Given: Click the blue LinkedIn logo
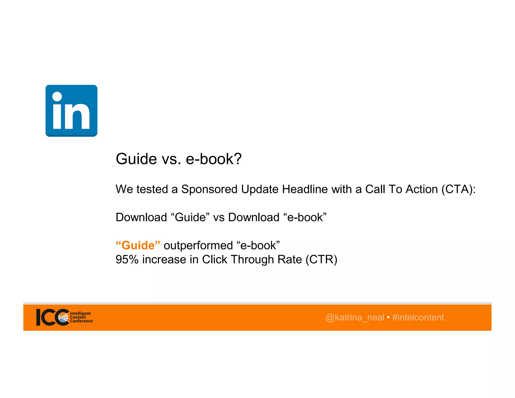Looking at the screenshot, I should pyautogui.click(x=71, y=111).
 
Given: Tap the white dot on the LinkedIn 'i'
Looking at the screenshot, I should pyautogui.click(x=57, y=96).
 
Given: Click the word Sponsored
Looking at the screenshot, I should pyautogui.click(x=209, y=189).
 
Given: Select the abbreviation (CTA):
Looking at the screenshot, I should pyautogui.click(x=458, y=189).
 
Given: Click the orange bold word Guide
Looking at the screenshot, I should pyautogui.click(x=138, y=245).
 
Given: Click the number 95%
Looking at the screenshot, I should pyautogui.click(x=127, y=259).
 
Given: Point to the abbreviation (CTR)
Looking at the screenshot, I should pyautogui.click(x=321, y=259).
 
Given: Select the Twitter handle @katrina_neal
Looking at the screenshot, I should pyautogui.click(x=355, y=317).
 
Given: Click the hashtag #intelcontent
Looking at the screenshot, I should pyautogui.click(x=418, y=317).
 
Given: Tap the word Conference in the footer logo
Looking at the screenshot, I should pyautogui.click(x=81, y=321).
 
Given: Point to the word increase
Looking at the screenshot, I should pyautogui.click(x=164, y=259).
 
